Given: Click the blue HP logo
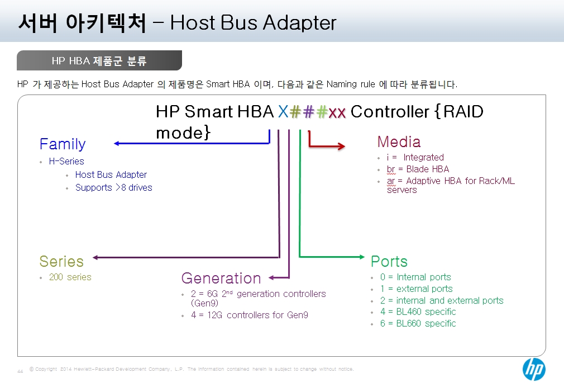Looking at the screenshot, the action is click(534, 370).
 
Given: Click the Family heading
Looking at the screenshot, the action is click(63, 144).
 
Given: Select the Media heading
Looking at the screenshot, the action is click(399, 141).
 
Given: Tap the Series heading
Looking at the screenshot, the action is click(61, 261).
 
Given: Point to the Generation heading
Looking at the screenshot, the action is click(221, 278).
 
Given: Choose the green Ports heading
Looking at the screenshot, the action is click(389, 261).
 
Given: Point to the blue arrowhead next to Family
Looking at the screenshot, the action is click(117, 143).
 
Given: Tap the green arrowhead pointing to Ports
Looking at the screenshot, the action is click(362, 257).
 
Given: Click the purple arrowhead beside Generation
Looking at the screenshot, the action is click(271, 277).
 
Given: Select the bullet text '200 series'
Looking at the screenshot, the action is click(70, 277).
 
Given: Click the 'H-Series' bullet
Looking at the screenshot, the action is click(66, 161).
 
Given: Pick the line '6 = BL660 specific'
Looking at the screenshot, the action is click(418, 323).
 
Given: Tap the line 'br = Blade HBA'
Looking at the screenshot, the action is click(418, 169).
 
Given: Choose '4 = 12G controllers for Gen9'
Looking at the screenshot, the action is click(250, 315).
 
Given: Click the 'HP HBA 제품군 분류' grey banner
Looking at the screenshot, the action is click(99, 60).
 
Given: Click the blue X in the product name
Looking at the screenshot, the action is click(283, 112).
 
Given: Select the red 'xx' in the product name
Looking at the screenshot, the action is click(337, 113).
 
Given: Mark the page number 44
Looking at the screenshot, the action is click(20, 371).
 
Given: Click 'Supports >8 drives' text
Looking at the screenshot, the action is click(114, 188).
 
